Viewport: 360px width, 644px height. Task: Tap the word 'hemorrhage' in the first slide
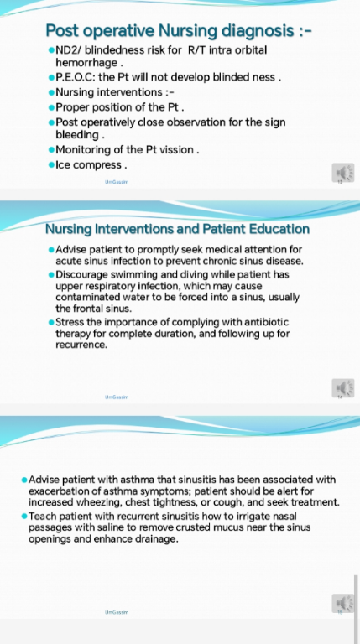pyautogui.click(x=86, y=63)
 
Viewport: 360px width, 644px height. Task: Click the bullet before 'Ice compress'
pyautogui.click(x=51, y=164)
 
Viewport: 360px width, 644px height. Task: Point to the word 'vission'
pyautogui.click(x=175, y=150)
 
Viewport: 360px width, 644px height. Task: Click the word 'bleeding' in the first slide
pyautogui.click(x=77, y=135)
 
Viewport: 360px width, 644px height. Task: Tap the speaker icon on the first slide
pyautogui.click(x=343, y=173)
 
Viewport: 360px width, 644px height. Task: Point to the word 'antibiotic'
pyautogui.click(x=268, y=322)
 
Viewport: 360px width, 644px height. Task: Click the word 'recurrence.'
pyautogui.click(x=81, y=345)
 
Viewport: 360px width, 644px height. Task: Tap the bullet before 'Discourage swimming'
pyautogui.click(x=51, y=274)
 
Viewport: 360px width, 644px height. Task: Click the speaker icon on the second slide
pyautogui.click(x=343, y=388)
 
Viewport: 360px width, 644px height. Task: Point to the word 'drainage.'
pyautogui.click(x=158, y=539)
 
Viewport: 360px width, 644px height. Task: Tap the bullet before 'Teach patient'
pyautogui.click(x=24, y=516)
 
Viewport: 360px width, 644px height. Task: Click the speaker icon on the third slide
pyautogui.click(x=343, y=604)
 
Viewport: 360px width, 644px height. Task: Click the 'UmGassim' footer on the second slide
pyautogui.click(x=117, y=397)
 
